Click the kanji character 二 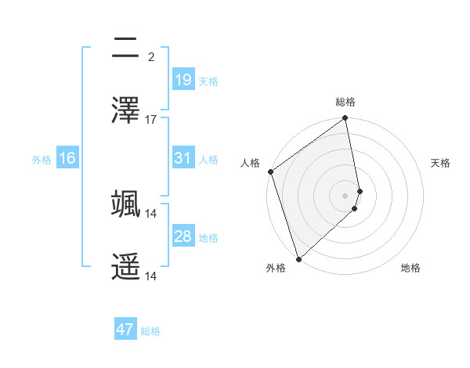point(126,50)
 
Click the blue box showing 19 point(183,80)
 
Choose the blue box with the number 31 point(183,158)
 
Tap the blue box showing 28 point(183,236)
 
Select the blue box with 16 point(67,159)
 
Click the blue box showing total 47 point(125,330)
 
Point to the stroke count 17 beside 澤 point(151,120)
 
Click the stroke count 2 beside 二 point(150,57)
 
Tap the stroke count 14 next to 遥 point(151,276)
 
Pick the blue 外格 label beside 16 point(42,160)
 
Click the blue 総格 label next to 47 point(150,331)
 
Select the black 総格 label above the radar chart point(345,102)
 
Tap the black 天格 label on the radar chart point(441,163)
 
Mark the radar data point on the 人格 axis point(271,171)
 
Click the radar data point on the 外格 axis point(298,258)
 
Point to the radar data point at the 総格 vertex point(345,119)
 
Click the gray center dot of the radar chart point(345,195)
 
